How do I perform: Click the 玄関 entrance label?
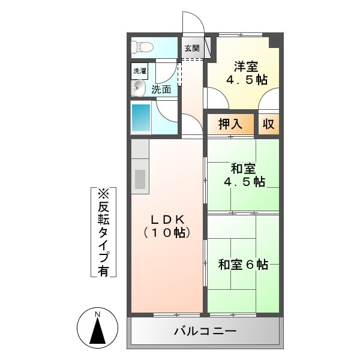pyautogui.click(x=192, y=49)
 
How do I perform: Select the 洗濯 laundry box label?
pyautogui.click(x=139, y=71)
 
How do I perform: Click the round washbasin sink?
pyautogui.click(x=139, y=89)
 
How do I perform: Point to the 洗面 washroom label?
pyautogui.click(x=161, y=89)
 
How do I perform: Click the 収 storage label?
pyautogui.click(x=268, y=125)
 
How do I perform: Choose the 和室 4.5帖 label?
pyautogui.click(x=244, y=175)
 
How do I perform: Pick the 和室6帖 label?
pyautogui.click(x=243, y=264)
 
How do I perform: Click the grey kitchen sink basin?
pyautogui.click(x=140, y=179)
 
